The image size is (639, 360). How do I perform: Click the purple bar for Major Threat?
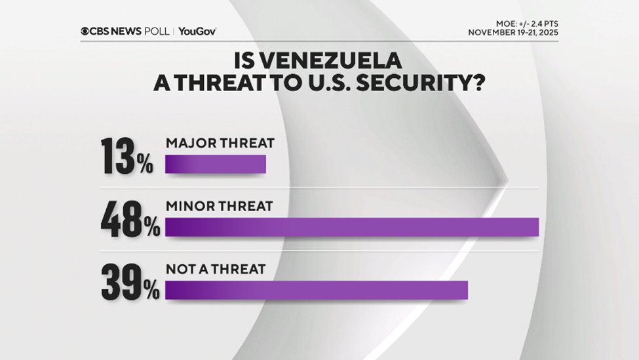click(x=216, y=164)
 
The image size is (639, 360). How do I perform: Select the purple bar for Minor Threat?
click(x=351, y=227)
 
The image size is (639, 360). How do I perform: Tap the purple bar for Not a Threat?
click(x=317, y=290)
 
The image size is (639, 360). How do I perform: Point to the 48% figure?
click(x=130, y=221)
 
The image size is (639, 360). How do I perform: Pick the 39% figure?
click(x=130, y=284)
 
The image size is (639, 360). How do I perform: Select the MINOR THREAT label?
click(x=218, y=206)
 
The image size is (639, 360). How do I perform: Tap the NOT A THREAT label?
click(x=215, y=269)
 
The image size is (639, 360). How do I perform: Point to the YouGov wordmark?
click(x=197, y=31)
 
